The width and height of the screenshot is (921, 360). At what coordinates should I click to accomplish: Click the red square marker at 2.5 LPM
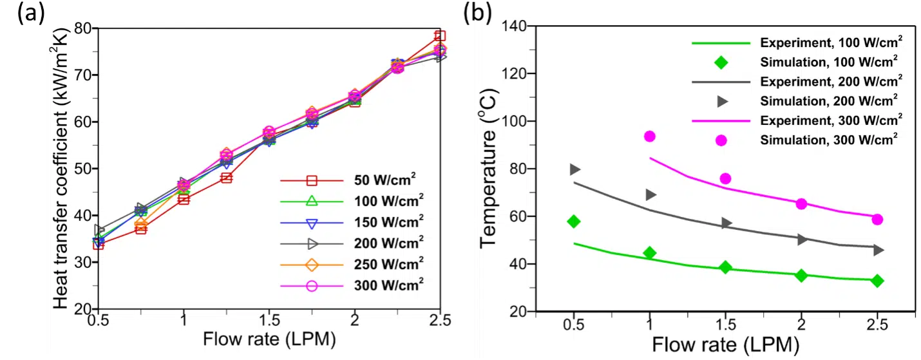pyautogui.click(x=440, y=36)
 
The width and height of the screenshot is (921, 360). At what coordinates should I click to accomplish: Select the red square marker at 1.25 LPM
pyautogui.click(x=226, y=178)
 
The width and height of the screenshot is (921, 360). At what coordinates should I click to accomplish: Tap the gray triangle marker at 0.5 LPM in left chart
pyautogui.click(x=99, y=229)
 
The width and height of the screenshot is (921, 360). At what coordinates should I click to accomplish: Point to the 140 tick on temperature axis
pyautogui.click(x=516, y=26)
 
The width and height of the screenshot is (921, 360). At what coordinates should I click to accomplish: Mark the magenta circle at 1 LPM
pyautogui.click(x=649, y=137)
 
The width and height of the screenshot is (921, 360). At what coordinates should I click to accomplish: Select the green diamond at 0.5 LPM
pyautogui.click(x=574, y=222)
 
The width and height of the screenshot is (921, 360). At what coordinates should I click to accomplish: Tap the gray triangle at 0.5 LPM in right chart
pyautogui.click(x=574, y=169)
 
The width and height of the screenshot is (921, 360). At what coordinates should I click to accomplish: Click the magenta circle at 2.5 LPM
pyautogui.click(x=877, y=220)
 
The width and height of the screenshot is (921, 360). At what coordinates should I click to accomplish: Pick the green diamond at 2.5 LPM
pyautogui.click(x=877, y=281)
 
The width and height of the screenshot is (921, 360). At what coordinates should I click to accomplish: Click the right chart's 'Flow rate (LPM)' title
pyautogui.click(x=726, y=345)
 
